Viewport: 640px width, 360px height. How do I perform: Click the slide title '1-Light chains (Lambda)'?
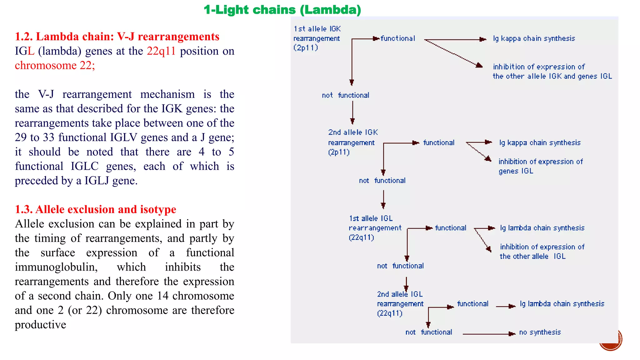click(x=282, y=10)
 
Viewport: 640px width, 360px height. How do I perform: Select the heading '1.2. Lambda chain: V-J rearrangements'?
click(x=117, y=37)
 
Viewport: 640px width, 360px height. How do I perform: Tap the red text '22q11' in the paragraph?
click(x=161, y=51)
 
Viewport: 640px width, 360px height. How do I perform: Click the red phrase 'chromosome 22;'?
click(x=55, y=65)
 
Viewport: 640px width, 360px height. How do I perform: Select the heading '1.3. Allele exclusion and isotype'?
click(x=96, y=209)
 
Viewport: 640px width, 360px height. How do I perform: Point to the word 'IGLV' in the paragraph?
click(x=123, y=137)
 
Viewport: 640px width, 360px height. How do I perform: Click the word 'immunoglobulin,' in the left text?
click(x=56, y=267)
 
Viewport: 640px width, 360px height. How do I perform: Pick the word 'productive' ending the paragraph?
click(x=40, y=325)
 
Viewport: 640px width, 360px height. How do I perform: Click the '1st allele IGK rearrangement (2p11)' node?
click(x=317, y=38)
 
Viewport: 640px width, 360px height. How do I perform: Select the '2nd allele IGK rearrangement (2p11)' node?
click(x=352, y=142)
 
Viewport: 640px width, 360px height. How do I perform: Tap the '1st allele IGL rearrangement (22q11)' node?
click(x=374, y=228)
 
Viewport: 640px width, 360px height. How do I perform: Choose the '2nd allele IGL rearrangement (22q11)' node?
click(x=400, y=304)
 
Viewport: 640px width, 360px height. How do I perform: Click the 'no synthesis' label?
click(x=540, y=332)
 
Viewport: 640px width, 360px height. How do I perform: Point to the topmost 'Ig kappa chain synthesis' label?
click(x=534, y=38)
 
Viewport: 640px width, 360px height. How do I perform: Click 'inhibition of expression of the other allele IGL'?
click(x=542, y=252)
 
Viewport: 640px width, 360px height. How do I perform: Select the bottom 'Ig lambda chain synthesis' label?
click(x=562, y=304)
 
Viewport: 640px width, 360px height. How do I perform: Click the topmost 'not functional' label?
click(x=345, y=95)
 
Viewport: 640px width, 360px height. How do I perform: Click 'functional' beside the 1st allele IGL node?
click(x=450, y=228)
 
